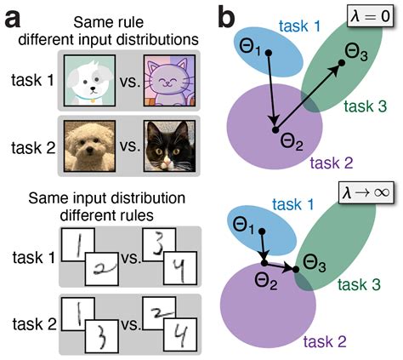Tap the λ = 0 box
[x=369, y=18]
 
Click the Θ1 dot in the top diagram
[x=269, y=53]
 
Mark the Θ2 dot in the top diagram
[x=275, y=129]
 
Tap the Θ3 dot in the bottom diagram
[x=297, y=270]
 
